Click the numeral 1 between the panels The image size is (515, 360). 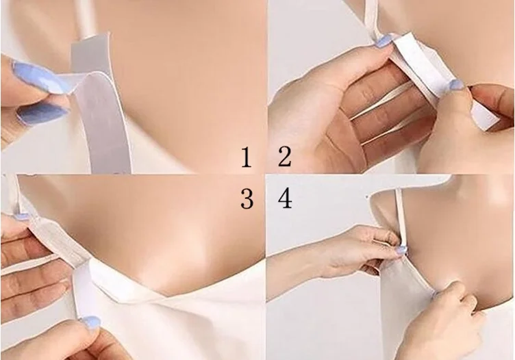(x=247, y=157)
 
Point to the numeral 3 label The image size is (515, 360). (x=247, y=199)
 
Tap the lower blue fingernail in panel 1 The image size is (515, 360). (x=42, y=113)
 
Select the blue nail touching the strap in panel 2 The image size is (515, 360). (x=383, y=41)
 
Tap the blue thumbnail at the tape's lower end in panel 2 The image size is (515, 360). (x=457, y=84)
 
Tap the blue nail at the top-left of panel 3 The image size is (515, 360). (x=22, y=216)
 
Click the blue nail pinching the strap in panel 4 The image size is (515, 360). (x=401, y=250)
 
